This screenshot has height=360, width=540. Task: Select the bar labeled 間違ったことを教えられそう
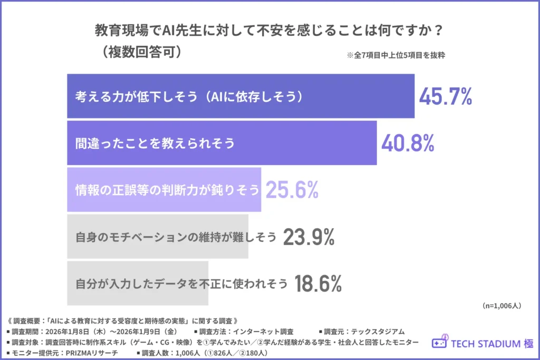tap(221, 143)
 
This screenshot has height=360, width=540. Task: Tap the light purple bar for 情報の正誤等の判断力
tap(164, 189)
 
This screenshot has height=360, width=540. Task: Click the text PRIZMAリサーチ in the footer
tap(95, 352)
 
